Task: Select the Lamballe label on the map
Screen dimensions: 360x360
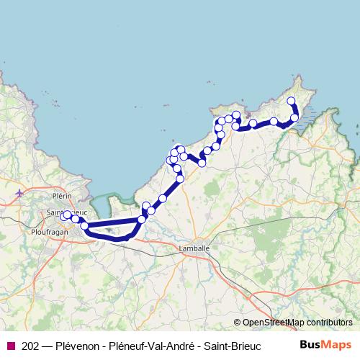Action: coord(194,248)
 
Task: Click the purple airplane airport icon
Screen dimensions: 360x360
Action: coord(19,193)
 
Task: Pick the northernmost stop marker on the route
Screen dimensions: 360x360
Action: coord(291,101)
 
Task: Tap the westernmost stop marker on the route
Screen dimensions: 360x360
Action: coord(64,216)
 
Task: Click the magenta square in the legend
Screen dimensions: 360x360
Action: coord(10,345)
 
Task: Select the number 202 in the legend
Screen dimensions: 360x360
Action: coord(30,345)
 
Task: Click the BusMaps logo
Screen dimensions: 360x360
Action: coord(325,344)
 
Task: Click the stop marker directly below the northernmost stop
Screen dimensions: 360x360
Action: coord(294,117)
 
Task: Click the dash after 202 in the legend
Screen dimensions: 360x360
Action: coord(48,345)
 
